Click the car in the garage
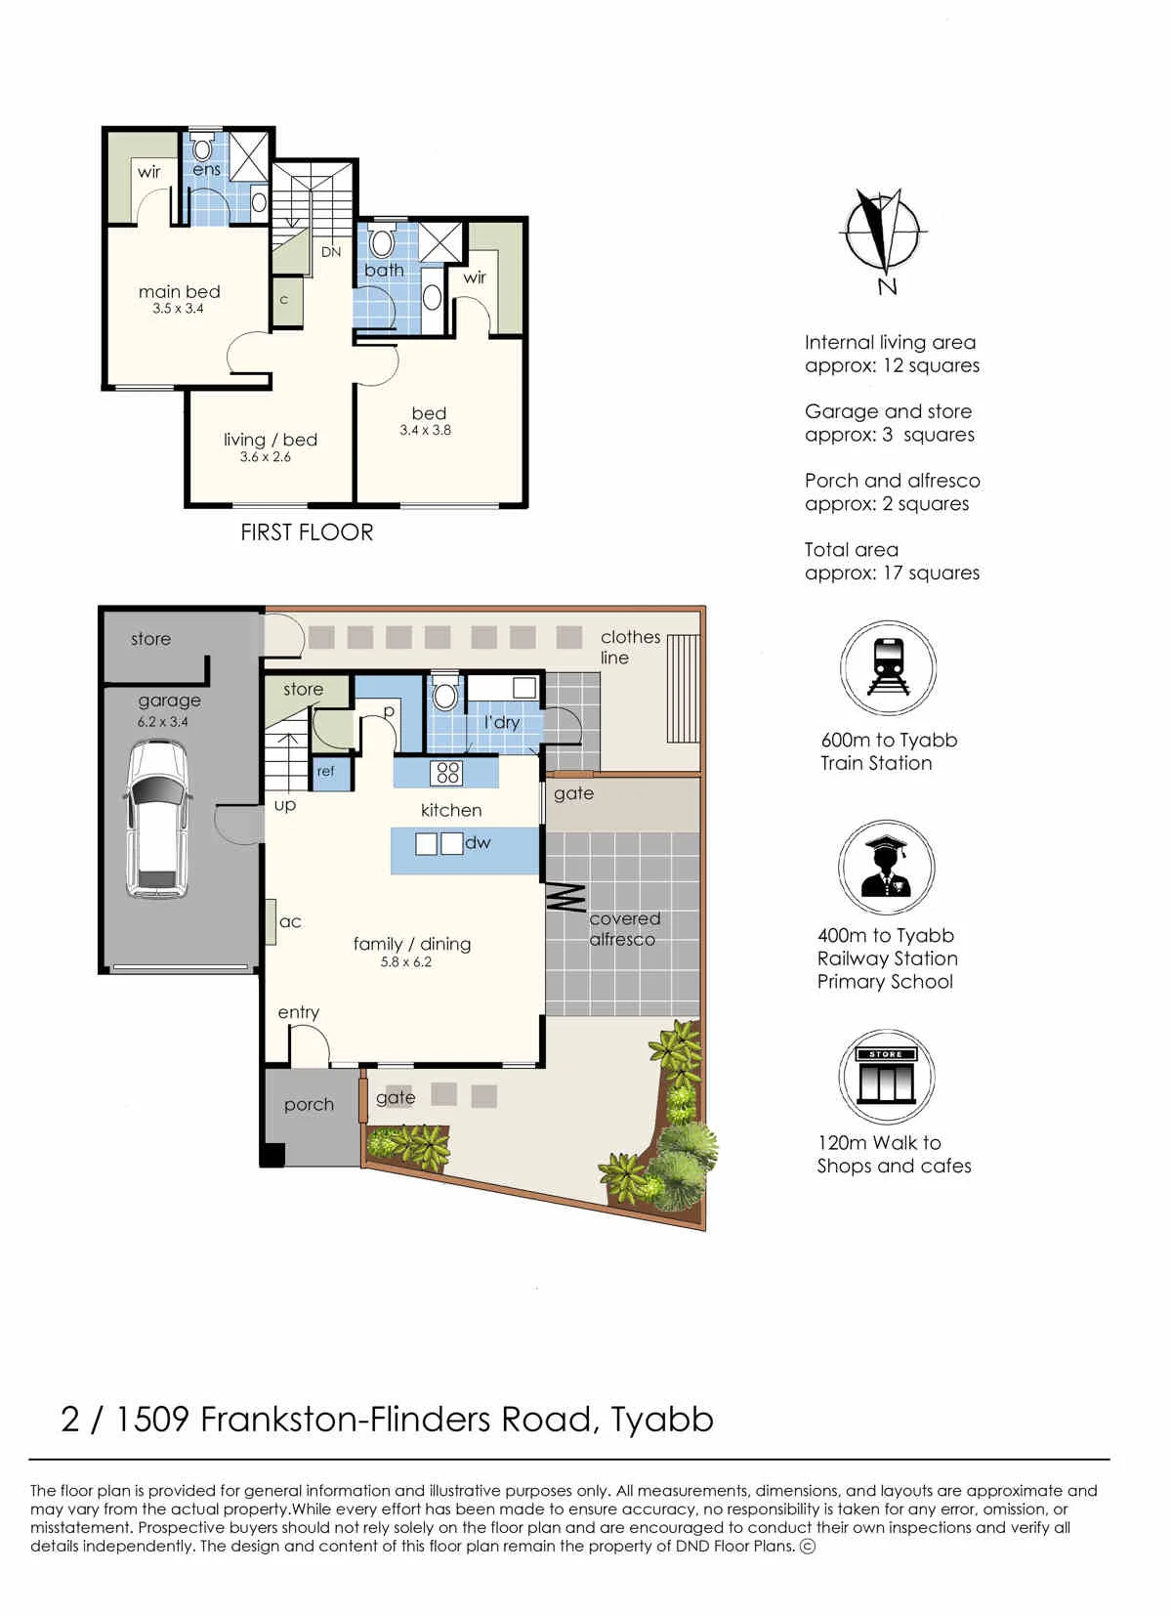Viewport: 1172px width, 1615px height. [157, 820]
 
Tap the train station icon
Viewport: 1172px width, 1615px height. [887, 668]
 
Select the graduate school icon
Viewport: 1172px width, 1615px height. [886, 868]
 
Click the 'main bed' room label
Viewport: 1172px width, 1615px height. [179, 292]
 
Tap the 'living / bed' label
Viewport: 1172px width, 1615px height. [271, 440]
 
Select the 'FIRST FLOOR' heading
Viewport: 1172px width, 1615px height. [307, 532]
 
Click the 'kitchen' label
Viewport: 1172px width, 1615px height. [451, 810]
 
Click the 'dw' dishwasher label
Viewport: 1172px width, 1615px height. [478, 842]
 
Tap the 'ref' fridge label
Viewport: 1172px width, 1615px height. [326, 771]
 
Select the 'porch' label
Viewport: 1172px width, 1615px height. [309, 1105]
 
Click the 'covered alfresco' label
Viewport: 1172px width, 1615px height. [623, 928]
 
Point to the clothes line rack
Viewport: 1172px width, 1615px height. [683, 689]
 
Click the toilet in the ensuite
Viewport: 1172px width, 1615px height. [202, 148]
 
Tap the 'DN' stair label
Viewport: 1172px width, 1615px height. [331, 252]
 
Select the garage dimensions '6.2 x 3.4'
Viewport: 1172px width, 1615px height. [162, 722]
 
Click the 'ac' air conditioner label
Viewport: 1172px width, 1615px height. [290, 921]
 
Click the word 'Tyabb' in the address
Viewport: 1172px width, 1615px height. [661, 1420]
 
